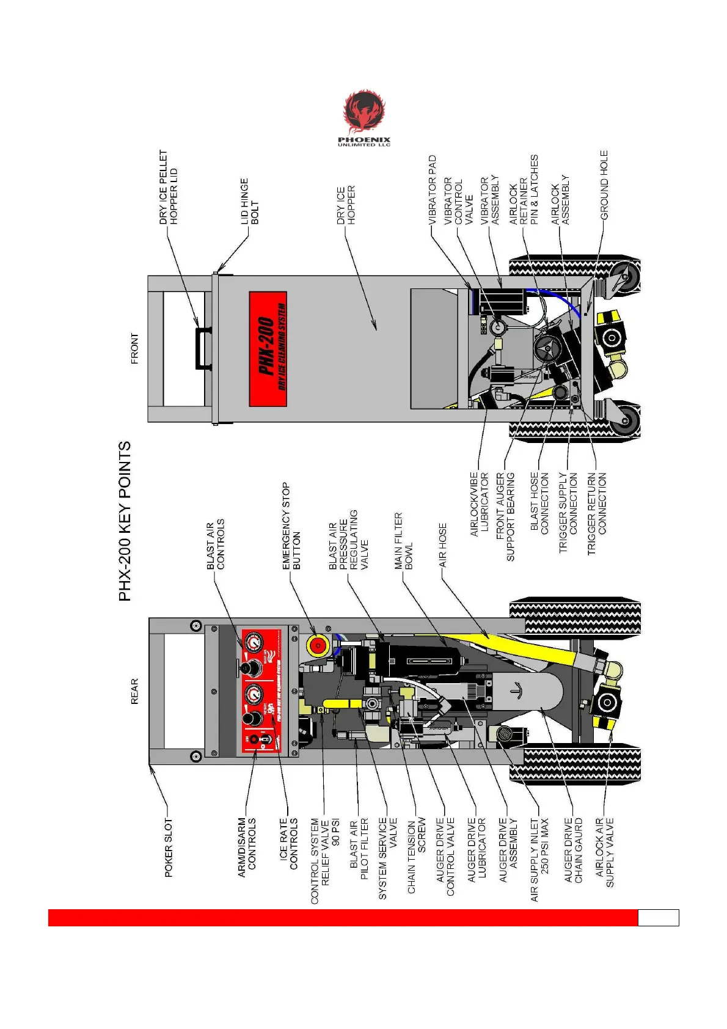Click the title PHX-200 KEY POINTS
coord(125,521)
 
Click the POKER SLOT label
coord(169,848)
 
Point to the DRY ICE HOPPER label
coord(346,205)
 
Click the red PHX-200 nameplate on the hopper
coord(268,349)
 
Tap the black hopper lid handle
coord(202,349)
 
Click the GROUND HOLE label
coord(604,185)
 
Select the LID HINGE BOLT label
coord(249,201)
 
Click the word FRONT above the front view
coord(135,349)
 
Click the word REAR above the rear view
coord(135,691)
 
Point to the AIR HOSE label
coord(443,545)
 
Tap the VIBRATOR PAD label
coord(433,191)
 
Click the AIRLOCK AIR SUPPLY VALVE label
coord(604,852)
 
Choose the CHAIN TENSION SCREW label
coord(416,855)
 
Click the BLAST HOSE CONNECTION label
coord(539,502)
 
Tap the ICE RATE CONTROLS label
coord(288,844)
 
